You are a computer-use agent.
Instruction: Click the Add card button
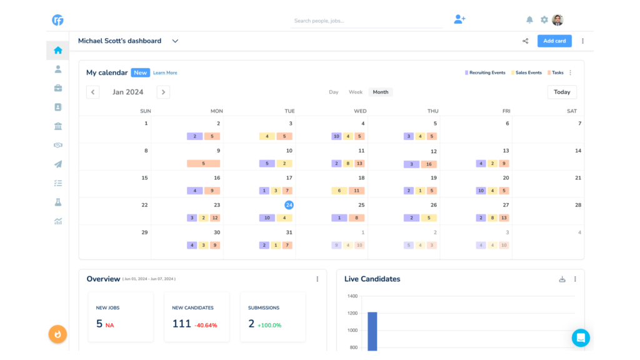554,41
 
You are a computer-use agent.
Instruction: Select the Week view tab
356,92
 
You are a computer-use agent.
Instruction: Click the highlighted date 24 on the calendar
289,205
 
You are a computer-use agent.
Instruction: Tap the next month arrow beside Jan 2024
163,92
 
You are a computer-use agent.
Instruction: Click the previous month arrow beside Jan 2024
92,92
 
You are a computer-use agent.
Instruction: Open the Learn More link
165,73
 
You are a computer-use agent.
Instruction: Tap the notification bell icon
530,20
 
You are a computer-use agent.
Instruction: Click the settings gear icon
544,20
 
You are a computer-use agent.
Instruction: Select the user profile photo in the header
557,20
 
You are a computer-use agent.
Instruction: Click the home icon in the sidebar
58,51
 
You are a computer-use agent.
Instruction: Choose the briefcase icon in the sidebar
58,88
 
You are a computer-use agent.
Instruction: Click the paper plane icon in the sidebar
58,164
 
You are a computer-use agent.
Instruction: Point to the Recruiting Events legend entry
485,73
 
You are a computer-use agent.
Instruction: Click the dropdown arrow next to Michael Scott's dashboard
175,41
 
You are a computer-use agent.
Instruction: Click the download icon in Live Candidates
562,279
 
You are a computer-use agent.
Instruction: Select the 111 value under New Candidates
181,324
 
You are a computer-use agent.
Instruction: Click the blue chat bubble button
581,338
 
